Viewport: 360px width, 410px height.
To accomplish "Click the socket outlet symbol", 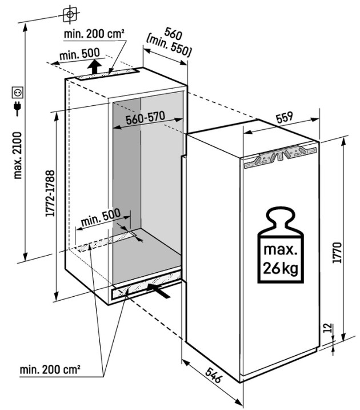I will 17,91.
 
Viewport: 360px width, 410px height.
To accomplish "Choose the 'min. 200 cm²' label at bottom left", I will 50,370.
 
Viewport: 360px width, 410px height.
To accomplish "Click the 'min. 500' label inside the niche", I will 101,217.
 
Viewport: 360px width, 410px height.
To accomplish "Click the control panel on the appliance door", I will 278,156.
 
